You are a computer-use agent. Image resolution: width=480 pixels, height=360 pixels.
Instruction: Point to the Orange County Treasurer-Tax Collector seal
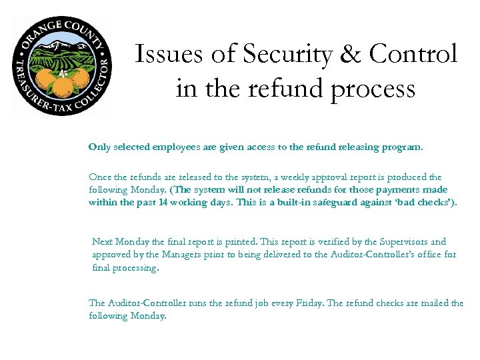pos(62,66)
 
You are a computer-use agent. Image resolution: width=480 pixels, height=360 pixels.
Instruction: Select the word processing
pos(137,267)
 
